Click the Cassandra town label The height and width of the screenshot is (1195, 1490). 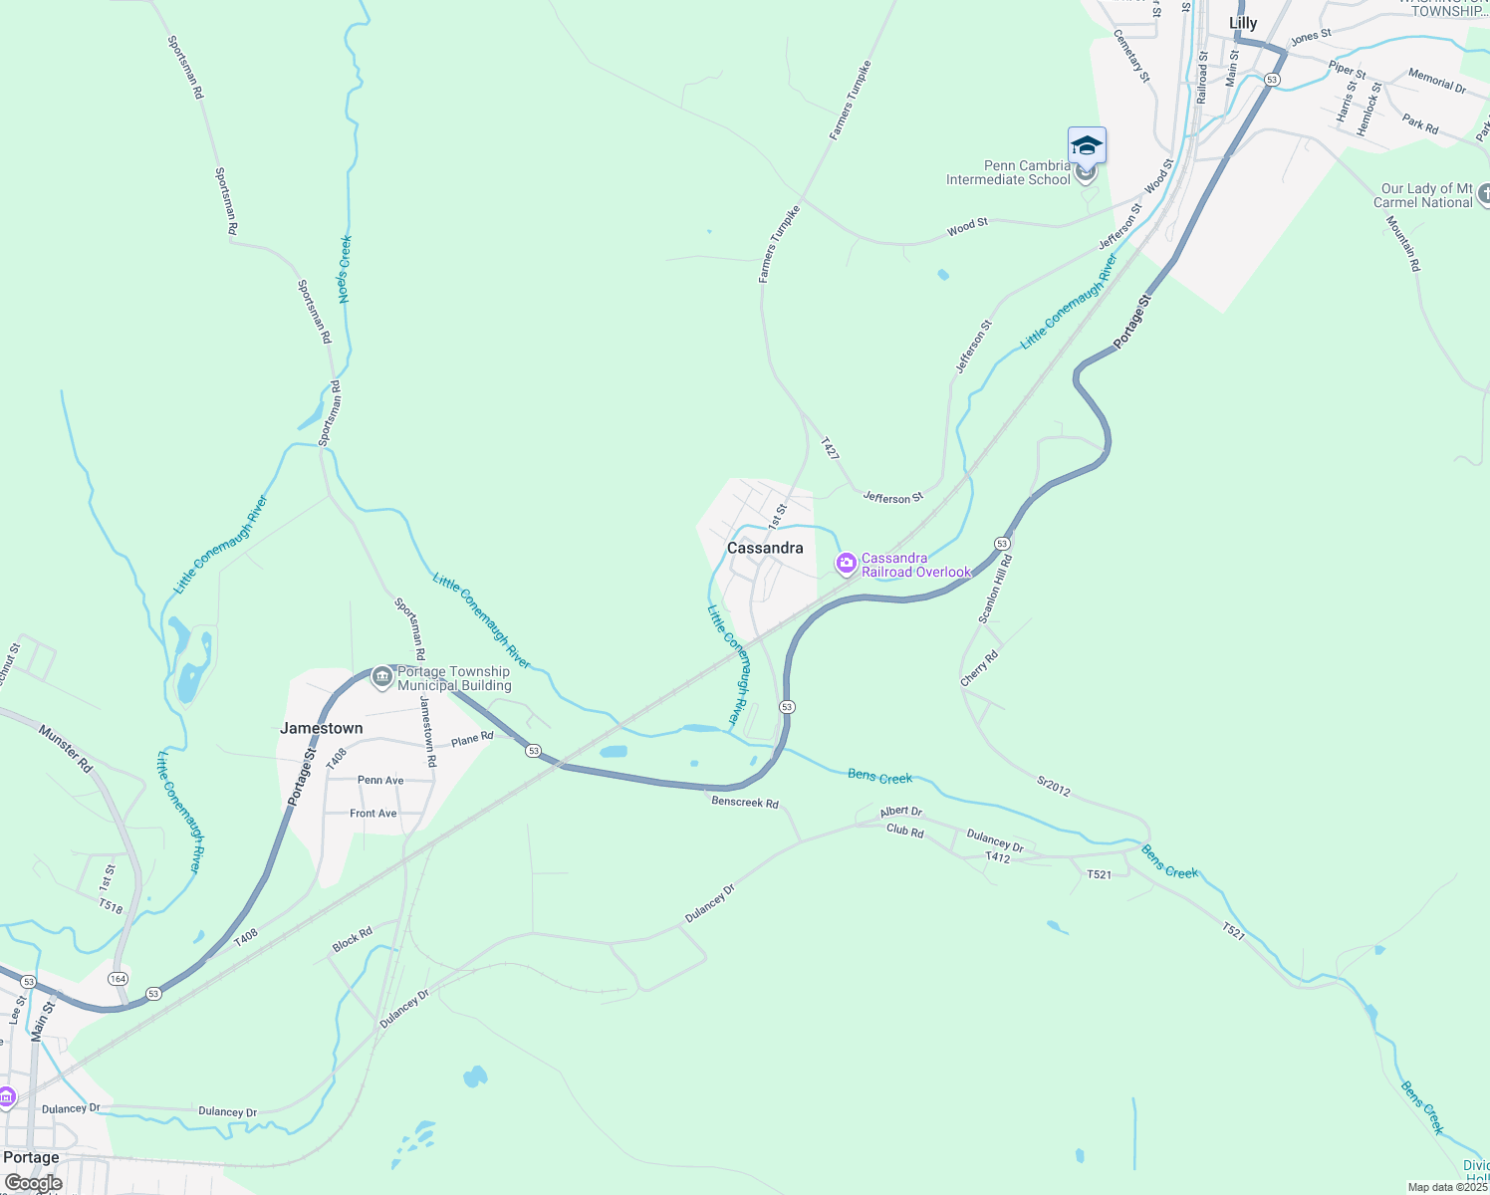point(765,548)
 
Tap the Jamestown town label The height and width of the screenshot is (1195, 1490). point(321,728)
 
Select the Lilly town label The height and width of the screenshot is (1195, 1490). point(1243,23)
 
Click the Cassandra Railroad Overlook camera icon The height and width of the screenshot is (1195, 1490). point(846,565)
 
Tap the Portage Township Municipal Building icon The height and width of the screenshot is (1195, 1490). point(381,678)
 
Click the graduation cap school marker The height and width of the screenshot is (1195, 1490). point(1087,146)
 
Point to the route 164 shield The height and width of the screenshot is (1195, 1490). point(119,978)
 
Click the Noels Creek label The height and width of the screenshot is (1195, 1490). point(345,269)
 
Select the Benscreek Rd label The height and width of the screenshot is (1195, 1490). point(745,802)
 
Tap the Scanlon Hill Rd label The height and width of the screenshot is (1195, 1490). point(996,590)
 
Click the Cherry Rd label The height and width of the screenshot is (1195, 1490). point(979,668)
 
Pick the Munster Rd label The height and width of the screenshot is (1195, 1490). point(66,749)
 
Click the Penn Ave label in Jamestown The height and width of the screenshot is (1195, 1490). point(380,780)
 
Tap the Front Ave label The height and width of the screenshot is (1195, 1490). point(373,814)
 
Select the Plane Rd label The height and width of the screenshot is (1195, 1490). point(472,739)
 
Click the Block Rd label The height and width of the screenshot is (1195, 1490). point(352,939)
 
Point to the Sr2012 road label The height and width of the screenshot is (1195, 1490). point(1053,787)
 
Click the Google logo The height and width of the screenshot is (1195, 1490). point(33,1183)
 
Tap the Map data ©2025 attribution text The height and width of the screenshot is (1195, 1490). point(1447,1187)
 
